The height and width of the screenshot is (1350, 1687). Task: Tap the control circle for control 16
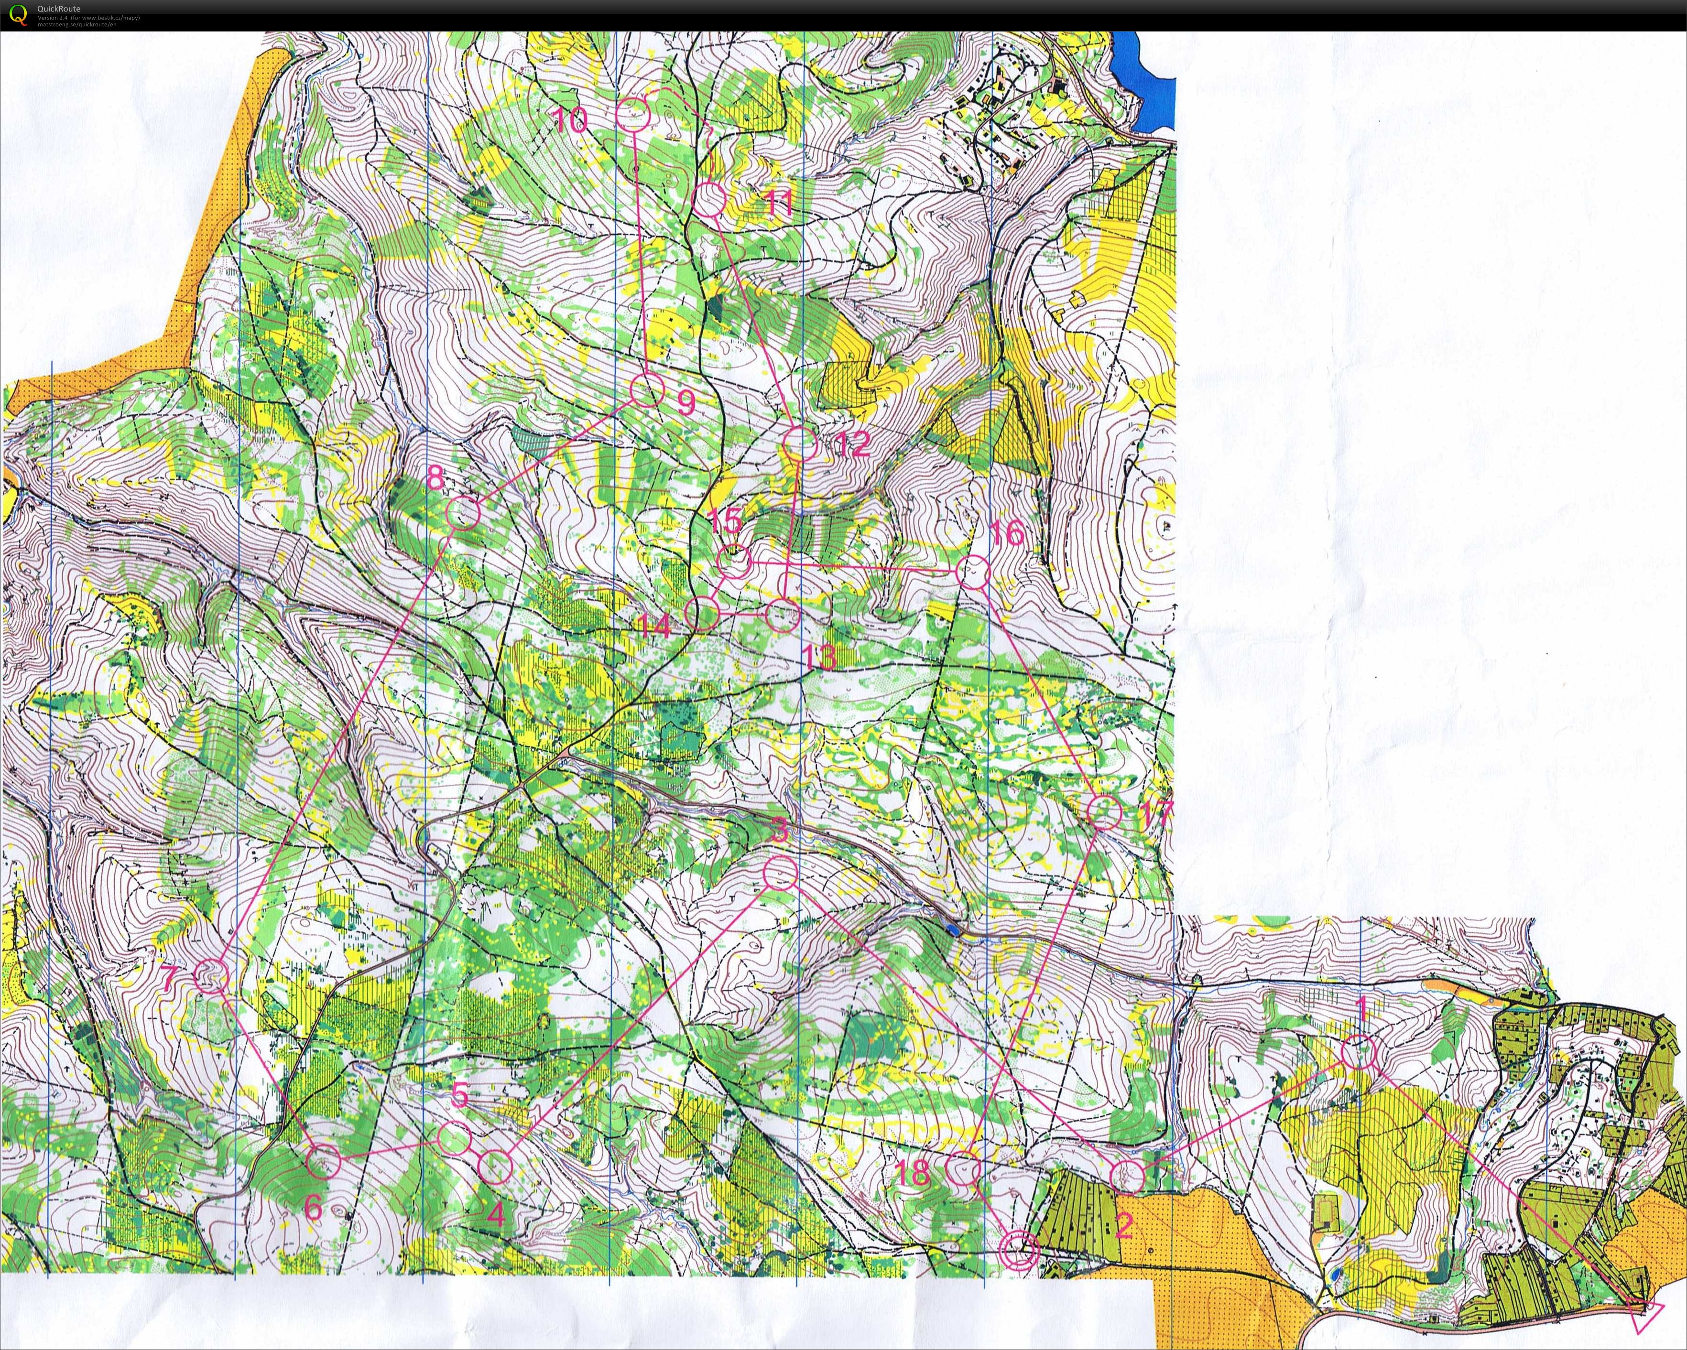point(973,572)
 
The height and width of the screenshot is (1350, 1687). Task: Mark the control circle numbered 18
point(963,1168)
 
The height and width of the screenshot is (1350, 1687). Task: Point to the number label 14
point(653,626)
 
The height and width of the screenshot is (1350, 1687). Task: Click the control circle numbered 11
point(709,200)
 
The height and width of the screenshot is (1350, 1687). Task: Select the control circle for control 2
point(1127,1176)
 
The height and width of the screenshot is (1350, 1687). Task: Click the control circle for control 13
point(781,616)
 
